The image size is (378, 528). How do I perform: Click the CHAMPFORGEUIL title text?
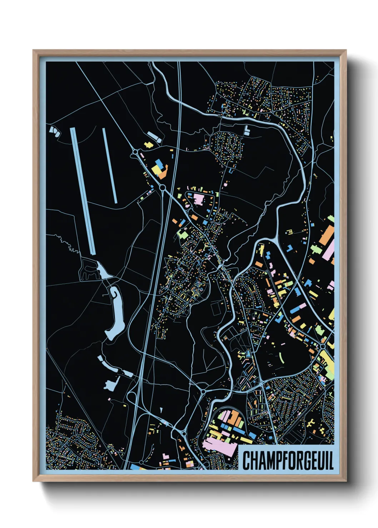pyautogui.click(x=288, y=460)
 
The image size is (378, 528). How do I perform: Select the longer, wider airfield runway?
pyautogui.click(x=83, y=191)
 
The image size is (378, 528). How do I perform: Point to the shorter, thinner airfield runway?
pyautogui.click(x=110, y=165)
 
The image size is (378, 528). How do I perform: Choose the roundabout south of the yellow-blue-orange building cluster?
pyautogui.click(x=162, y=187)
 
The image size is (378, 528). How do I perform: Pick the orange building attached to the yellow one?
pyautogui.click(x=163, y=174)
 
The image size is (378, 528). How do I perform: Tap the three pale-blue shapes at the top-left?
pyautogui.click(x=54, y=131)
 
